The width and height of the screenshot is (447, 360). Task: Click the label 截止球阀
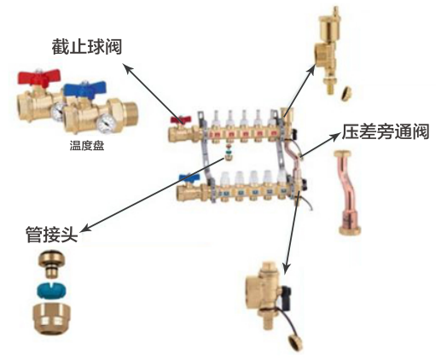pyautogui.click(x=87, y=46)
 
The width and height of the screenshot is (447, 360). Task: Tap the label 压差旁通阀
pyautogui.click(x=386, y=131)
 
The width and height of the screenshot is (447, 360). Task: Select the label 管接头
pyautogui.click(x=52, y=235)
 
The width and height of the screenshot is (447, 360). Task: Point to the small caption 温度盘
pyautogui.click(x=87, y=146)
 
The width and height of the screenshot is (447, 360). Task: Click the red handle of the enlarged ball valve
pyautogui.click(x=39, y=78)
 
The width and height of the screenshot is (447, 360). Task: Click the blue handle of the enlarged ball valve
pyautogui.click(x=84, y=88)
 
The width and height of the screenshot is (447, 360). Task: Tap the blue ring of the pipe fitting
pyautogui.click(x=51, y=290)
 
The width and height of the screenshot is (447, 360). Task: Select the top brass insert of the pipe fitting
pyautogui.click(x=52, y=264)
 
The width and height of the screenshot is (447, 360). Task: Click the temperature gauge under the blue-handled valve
pyautogui.click(x=107, y=124)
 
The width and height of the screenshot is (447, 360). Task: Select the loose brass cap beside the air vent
pyautogui.click(x=346, y=93)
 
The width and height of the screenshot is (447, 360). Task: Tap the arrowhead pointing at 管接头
pyautogui.click(x=86, y=228)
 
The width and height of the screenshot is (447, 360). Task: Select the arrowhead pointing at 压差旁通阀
pyautogui.click(x=336, y=136)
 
